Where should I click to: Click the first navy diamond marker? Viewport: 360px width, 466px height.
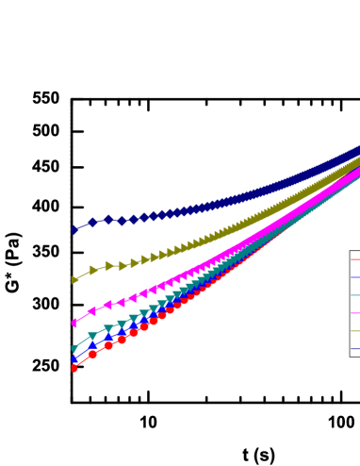tap(74, 229)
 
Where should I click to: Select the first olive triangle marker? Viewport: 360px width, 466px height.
tap(75, 280)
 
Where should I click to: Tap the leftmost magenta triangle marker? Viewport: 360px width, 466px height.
tap(74, 323)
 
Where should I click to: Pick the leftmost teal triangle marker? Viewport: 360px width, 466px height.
tap(74, 349)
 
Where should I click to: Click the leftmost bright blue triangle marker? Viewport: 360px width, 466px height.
tap(74, 358)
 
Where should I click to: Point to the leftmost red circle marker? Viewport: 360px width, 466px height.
tap(74, 368)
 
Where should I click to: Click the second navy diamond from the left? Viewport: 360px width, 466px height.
tap(92, 223)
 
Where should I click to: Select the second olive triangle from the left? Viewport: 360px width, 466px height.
tap(93, 271)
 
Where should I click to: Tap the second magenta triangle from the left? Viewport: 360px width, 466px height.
tap(92, 310)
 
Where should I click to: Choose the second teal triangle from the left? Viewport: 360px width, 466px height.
tap(92, 336)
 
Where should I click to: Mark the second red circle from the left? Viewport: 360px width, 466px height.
tap(92, 354)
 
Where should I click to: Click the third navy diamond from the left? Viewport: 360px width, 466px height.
tap(108, 220)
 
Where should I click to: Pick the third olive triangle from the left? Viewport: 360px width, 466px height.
tap(109, 266)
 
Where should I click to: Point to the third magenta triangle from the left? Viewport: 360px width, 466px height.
tap(108, 305)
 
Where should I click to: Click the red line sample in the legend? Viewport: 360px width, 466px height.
tap(354, 258)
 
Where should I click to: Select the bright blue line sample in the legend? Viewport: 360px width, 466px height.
tap(354, 277)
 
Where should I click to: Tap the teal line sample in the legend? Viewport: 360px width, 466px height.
tap(354, 295)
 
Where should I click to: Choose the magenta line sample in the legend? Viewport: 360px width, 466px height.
tap(354, 313)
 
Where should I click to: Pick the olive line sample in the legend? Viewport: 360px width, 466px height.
tap(354, 331)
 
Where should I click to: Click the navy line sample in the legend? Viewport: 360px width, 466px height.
tap(354, 349)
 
